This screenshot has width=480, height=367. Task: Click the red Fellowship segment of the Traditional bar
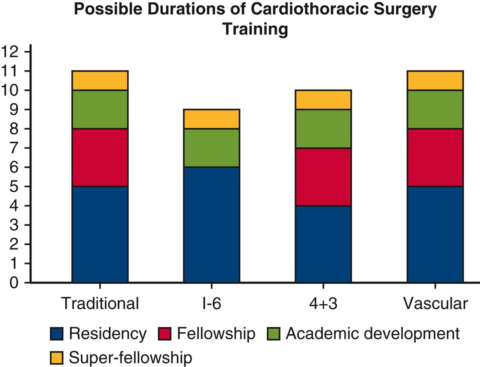point(100,157)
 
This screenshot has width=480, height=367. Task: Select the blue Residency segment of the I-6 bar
point(212,225)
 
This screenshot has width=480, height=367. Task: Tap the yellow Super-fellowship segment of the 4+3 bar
point(323,100)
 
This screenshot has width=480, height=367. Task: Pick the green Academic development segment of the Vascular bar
point(435,109)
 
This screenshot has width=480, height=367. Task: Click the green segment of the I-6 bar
point(212,148)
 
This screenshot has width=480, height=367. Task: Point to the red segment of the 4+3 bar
point(323,176)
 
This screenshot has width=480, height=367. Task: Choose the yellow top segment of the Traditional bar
point(100,80)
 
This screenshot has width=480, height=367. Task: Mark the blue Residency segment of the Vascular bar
point(435,234)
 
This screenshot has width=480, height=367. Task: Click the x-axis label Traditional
point(100,304)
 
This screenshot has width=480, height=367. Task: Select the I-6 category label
point(212,304)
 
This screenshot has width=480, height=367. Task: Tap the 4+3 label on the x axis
point(323,304)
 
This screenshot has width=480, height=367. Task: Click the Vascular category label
point(435,304)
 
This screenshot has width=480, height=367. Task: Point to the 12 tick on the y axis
point(10,52)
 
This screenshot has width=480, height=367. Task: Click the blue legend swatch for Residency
point(57,334)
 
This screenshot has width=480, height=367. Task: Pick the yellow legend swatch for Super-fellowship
point(57,356)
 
